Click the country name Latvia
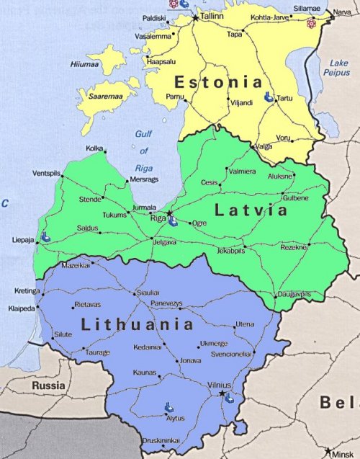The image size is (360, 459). pyautogui.click(x=251, y=210)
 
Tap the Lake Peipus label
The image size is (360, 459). pyautogui.click(x=338, y=68)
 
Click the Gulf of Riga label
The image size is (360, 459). pyautogui.click(x=144, y=151)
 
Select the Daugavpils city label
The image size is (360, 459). pyautogui.click(x=294, y=295)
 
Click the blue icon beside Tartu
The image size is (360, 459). pyautogui.click(x=268, y=97)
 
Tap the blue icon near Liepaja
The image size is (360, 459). pyautogui.click(x=45, y=236)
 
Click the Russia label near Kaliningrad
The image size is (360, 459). pyautogui.click(x=48, y=386)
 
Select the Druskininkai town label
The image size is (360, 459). pyautogui.click(x=161, y=440)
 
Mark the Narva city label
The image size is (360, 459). pyautogui.click(x=342, y=12)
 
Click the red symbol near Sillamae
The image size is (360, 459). pyautogui.click(x=311, y=24)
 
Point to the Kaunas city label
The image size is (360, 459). pyautogui.click(x=145, y=373)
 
